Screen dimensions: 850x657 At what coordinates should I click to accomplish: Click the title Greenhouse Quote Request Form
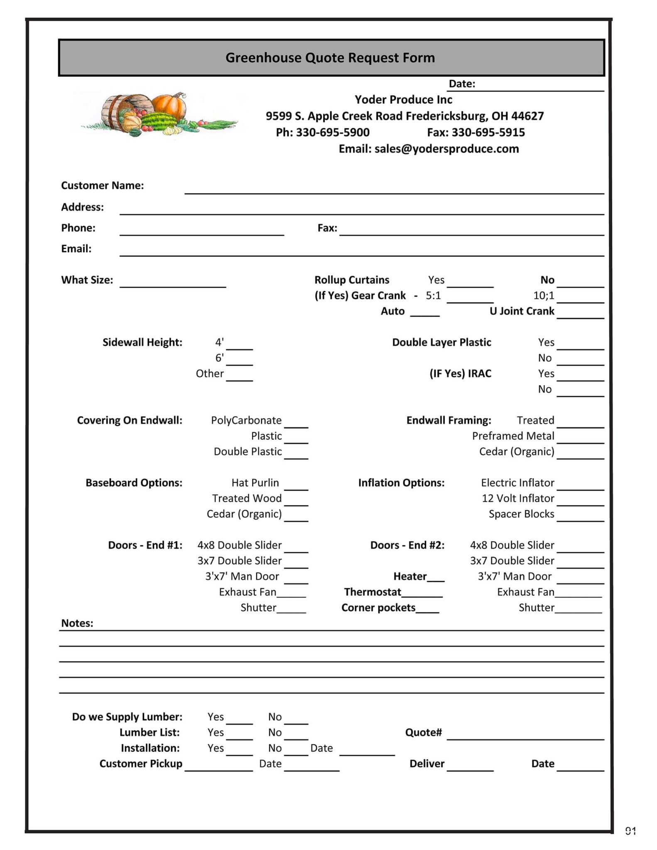click(x=330, y=58)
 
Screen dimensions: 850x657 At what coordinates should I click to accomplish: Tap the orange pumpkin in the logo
click(x=169, y=106)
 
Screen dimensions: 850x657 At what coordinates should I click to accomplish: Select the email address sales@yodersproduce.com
click(x=446, y=149)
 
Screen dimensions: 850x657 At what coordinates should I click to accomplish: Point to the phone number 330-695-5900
click(x=333, y=132)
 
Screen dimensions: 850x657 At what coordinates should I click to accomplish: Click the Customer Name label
click(x=103, y=186)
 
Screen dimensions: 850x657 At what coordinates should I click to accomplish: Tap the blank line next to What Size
click(x=173, y=282)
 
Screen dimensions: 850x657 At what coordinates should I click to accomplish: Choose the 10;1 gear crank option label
click(x=544, y=296)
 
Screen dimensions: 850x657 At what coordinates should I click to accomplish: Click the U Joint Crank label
click(x=522, y=311)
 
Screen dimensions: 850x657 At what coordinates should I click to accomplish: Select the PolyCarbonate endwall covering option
click(x=246, y=420)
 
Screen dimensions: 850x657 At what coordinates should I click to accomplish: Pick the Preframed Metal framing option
click(x=513, y=436)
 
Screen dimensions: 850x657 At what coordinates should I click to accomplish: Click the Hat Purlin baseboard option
click(x=255, y=483)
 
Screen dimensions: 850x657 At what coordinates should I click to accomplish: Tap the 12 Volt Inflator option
click(x=518, y=498)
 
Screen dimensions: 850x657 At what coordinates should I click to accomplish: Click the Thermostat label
click(x=373, y=592)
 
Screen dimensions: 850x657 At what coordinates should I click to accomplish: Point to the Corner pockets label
click(x=378, y=608)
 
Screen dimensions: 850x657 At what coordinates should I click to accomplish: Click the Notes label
click(x=77, y=623)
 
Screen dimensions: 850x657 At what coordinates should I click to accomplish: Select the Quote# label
click(x=423, y=733)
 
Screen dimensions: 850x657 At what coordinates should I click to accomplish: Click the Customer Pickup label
click(x=141, y=764)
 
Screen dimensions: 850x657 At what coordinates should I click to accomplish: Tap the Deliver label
click(x=427, y=764)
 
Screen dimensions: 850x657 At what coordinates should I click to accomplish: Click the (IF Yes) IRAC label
click(x=460, y=374)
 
